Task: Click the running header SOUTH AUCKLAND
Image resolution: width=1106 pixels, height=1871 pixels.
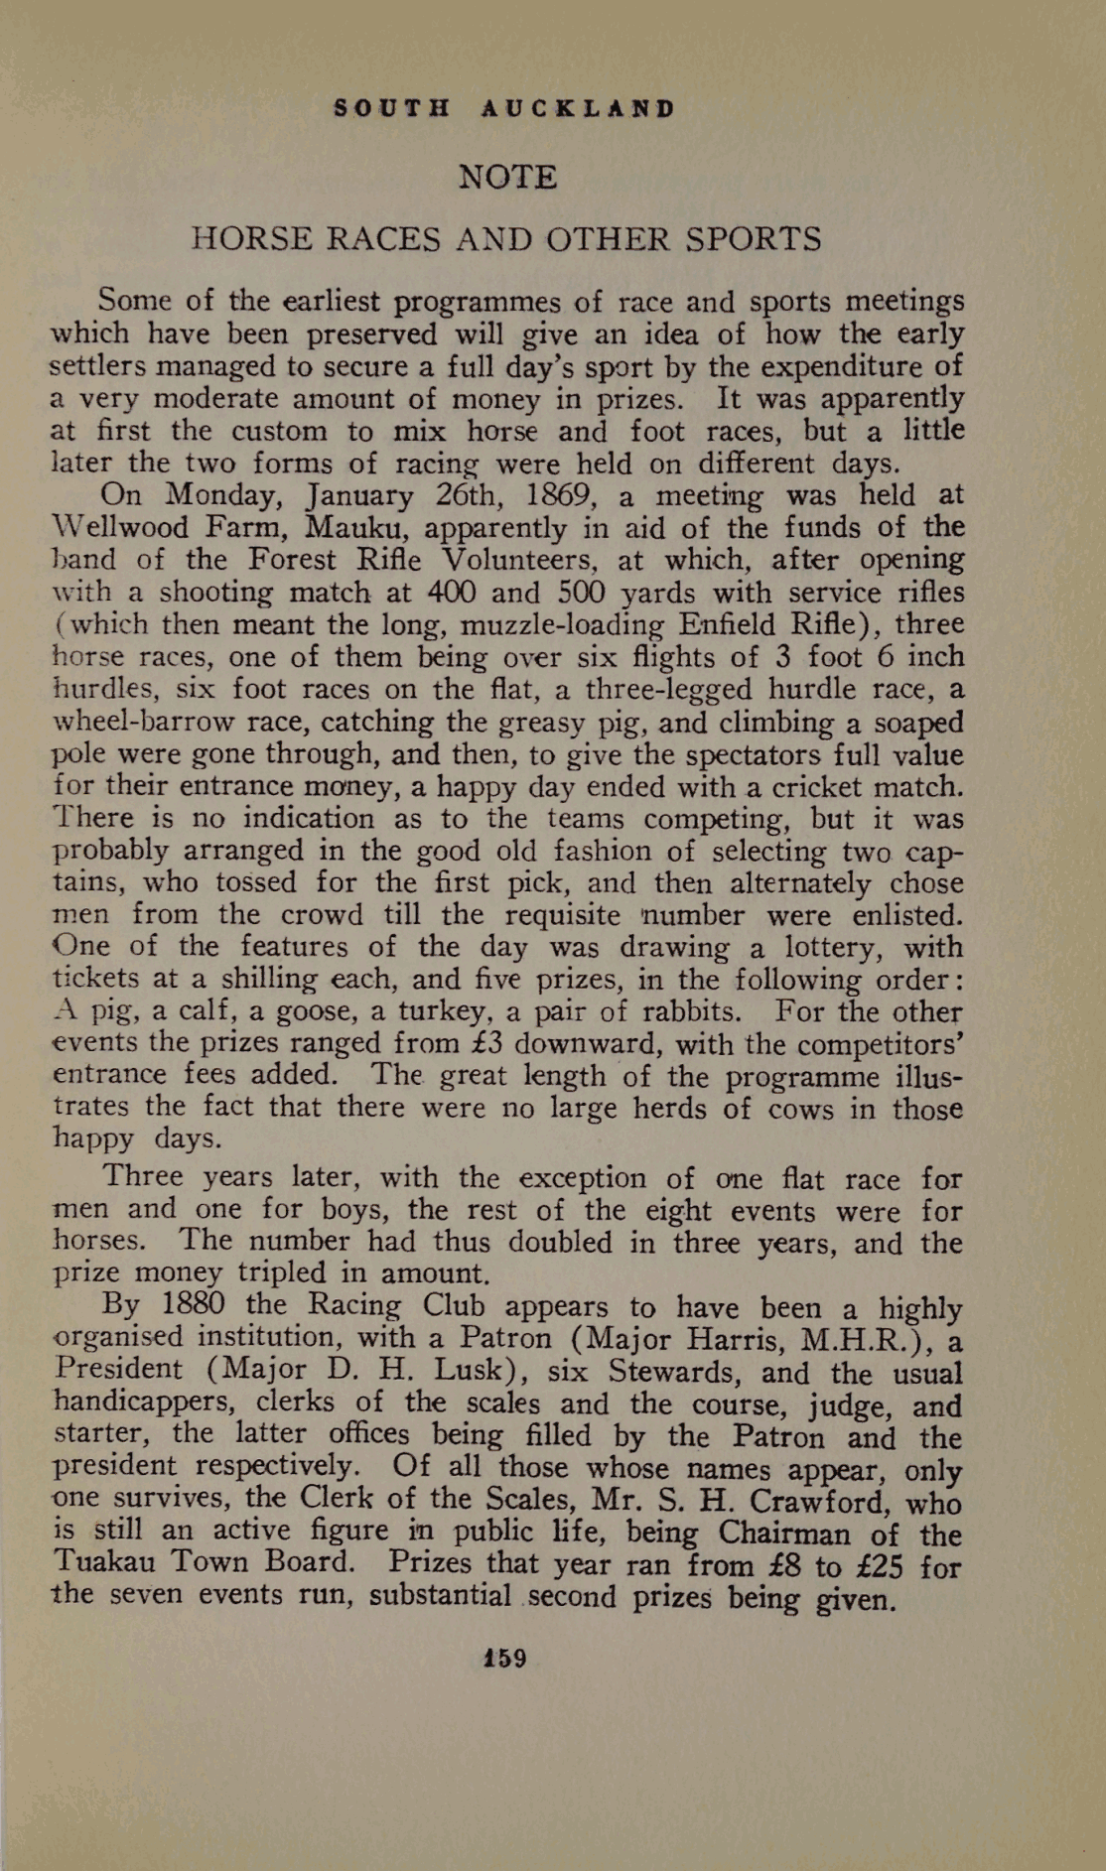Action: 504,108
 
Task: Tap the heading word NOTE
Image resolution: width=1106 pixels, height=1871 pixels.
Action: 508,177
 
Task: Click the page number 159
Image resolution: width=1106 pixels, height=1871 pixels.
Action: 504,1658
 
